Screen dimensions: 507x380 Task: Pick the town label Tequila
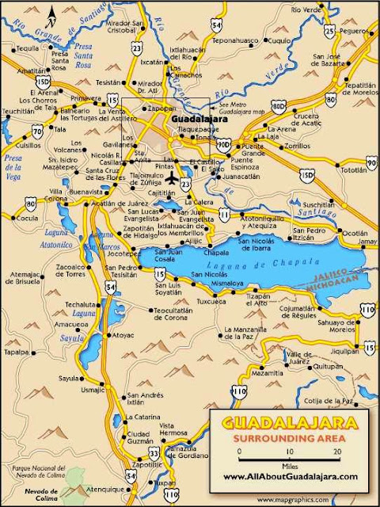click(28, 48)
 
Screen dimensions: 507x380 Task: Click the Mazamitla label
click(267, 372)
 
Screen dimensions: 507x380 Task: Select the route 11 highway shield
click(226, 214)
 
